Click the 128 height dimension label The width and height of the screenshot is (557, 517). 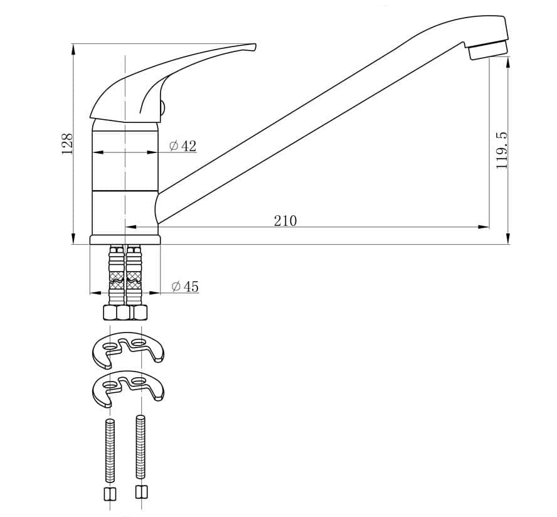(67, 144)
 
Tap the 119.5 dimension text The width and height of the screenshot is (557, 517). (501, 151)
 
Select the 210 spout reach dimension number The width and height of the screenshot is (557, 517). (285, 221)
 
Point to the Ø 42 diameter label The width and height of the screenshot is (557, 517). (183, 146)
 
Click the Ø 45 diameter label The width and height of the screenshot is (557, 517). (185, 286)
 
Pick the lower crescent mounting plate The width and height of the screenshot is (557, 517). (128, 389)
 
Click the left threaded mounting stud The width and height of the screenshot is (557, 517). (110, 450)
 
